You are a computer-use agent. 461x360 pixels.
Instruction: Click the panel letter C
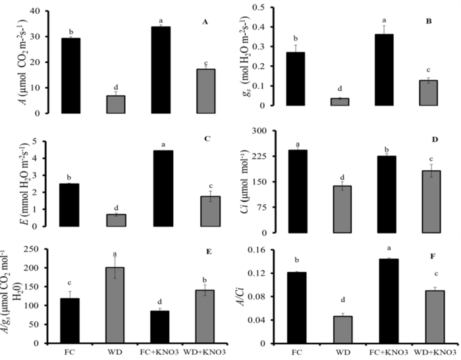point(207,140)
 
